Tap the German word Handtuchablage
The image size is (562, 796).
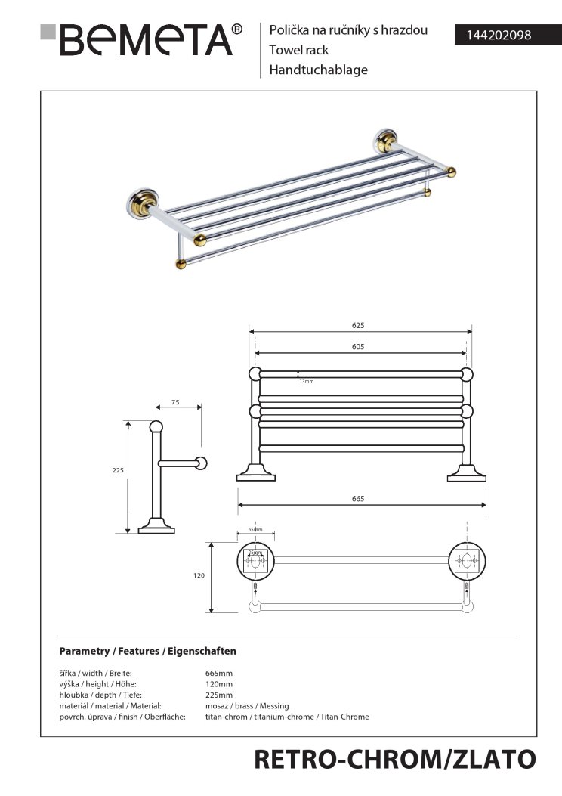tap(318, 70)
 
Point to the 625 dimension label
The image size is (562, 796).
tap(358, 325)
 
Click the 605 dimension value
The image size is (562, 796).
tap(358, 346)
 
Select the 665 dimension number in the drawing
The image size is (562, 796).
tap(358, 499)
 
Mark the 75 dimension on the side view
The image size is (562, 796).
tap(175, 403)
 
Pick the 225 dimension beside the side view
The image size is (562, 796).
tap(117, 470)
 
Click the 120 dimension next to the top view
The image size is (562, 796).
tap(199, 575)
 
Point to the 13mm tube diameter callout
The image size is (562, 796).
tap(306, 381)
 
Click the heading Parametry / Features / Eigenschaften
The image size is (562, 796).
tap(148, 650)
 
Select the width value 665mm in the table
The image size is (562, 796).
tap(219, 673)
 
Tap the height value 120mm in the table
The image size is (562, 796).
tap(219, 683)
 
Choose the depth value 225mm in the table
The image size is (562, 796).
tap(219, 695)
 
